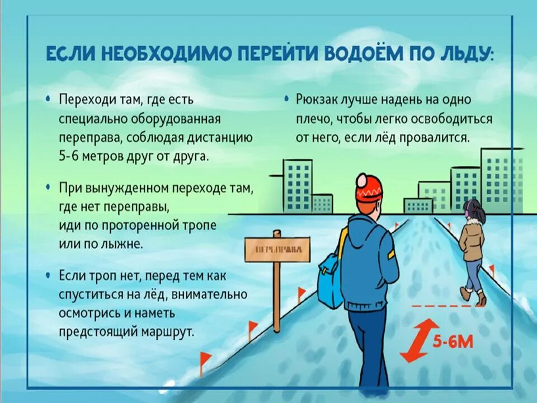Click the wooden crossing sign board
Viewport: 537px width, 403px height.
pos(277,249)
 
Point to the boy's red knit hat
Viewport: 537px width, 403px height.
pos(370,190)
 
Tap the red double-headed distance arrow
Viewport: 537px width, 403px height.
pos(419,340)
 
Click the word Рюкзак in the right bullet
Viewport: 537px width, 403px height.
pos(317,101)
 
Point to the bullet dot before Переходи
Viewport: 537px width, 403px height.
pos(50,100)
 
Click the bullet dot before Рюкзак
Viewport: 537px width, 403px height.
pos(287,100)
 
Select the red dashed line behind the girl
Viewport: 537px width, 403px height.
pos(447,307)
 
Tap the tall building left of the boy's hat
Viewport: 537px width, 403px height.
pos(297,185)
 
